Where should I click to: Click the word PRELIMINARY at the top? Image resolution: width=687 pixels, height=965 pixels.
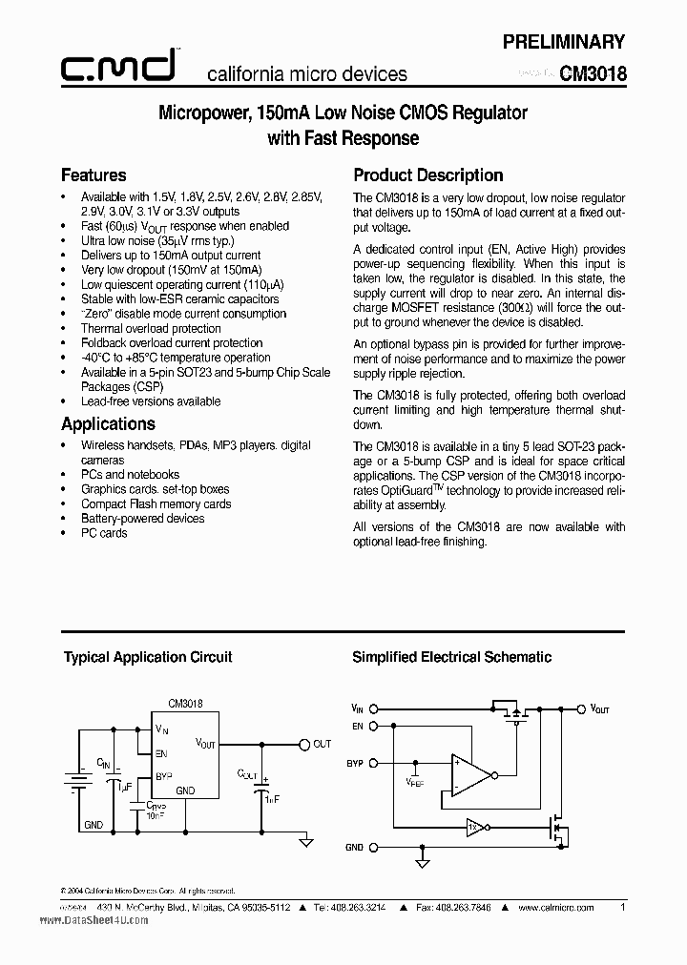[x=564, y=42]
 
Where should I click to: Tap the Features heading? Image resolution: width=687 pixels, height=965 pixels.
[x=94, y=175]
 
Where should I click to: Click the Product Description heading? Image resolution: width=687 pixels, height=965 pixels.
[x=427, y=175]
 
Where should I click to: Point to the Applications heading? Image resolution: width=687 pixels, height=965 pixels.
[x=108, y=424]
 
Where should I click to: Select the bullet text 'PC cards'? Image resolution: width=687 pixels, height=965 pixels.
[x=104, y=533]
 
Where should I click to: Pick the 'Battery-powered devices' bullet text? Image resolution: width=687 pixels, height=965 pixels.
[x=142, y=519]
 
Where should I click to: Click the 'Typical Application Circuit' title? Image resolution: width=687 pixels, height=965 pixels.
[x=148, y=657]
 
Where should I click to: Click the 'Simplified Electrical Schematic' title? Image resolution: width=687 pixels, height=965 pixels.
[x=451, y=657]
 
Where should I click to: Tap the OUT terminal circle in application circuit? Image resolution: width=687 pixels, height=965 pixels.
[x=304, y=745]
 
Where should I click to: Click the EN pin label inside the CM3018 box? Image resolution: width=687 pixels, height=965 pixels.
[x=161, y=752]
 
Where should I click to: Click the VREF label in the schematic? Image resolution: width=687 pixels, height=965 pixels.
[x=415, y=782]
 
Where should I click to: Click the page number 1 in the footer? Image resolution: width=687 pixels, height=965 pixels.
[x=622, y=909]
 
